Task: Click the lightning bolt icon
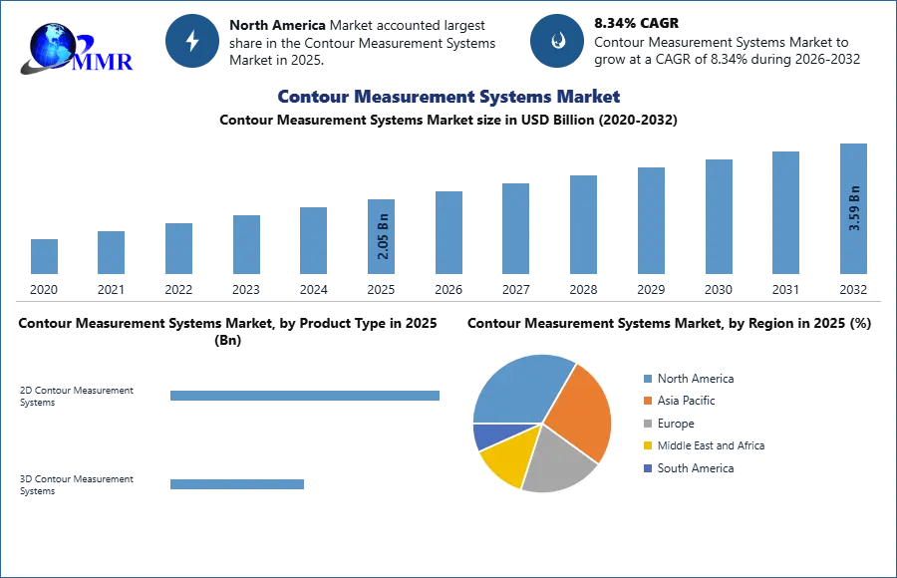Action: tap(193, 41)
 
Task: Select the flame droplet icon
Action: tap(557, 41)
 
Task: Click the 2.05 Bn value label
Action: tap(384, 239)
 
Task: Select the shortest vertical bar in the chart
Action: tap(44, 258)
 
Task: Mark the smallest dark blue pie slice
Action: tap(488, 435)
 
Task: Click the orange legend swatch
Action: tap(647, 401)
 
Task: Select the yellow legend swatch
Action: tap(647, 446)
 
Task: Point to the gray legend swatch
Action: tap(647, 424)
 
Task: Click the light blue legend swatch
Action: tap(647, 378)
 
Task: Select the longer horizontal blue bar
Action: tap(306, 399)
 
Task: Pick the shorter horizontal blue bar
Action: tap(238, 486)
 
